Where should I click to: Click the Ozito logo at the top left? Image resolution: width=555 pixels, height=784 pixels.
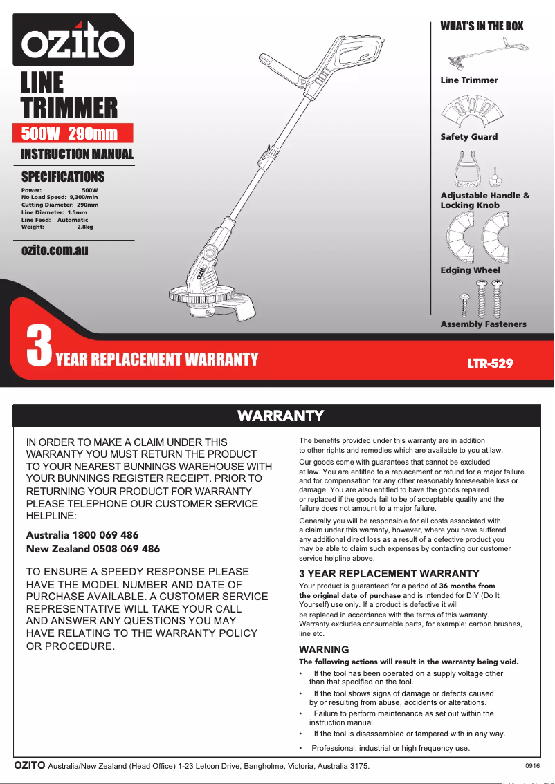point(73,40)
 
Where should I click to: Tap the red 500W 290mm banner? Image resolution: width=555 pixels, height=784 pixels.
point(73,133)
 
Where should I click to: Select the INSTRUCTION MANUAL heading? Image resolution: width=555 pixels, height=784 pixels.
point(77,154)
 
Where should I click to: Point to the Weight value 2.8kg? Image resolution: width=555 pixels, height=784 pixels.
point(84,227)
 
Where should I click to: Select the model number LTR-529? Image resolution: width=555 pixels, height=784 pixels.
point(491,363)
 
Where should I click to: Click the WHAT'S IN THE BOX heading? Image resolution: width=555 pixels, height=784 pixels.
point(482,26)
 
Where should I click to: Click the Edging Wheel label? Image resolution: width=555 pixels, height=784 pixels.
point(470,270)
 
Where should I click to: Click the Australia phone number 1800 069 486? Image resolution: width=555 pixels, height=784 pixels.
point(110,535)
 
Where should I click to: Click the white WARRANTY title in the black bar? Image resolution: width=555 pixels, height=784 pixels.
point(280,416)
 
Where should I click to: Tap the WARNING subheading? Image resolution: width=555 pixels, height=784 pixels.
point(323,650)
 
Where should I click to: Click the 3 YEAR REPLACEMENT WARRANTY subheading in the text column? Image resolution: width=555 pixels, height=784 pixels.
point(388,574)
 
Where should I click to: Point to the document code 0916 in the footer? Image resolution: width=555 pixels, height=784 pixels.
point(532,766)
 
